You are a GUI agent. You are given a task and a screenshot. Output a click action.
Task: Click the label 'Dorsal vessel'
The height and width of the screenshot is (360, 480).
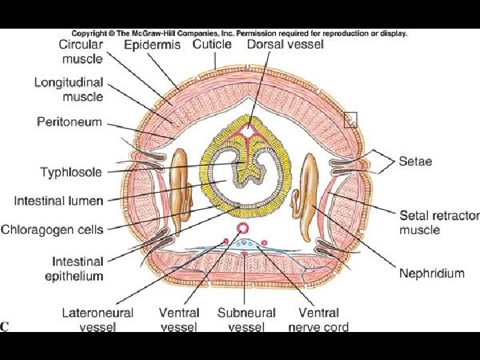coord(285,45)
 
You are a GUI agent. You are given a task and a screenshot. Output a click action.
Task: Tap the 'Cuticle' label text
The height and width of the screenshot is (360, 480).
coord(212,45)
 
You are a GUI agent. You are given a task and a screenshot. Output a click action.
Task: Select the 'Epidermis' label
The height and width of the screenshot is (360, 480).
coord(152,45)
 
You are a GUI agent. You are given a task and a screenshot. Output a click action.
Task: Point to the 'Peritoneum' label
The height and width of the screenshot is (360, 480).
coord(69,122)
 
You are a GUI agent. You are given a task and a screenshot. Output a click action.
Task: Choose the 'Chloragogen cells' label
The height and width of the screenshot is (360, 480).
coord(52,230)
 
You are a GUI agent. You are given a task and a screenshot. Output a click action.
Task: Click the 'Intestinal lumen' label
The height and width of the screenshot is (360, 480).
coord(59,200)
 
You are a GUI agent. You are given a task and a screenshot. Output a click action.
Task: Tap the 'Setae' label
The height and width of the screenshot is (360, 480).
coord(415,161)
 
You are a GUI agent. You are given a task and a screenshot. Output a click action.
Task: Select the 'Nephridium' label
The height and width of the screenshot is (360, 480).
coord(431,273)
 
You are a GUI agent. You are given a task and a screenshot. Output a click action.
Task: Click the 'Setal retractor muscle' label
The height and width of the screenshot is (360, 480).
coord(439,223)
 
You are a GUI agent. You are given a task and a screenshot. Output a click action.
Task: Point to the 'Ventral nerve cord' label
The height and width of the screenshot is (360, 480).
coord(318,319)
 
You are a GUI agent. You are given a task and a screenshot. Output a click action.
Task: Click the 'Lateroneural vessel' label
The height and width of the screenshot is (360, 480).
coord(97,319)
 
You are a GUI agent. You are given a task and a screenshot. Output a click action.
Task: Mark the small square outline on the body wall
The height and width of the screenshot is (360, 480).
coord(351,119)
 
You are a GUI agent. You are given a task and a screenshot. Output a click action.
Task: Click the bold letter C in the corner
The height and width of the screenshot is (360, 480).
coord(5,326)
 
